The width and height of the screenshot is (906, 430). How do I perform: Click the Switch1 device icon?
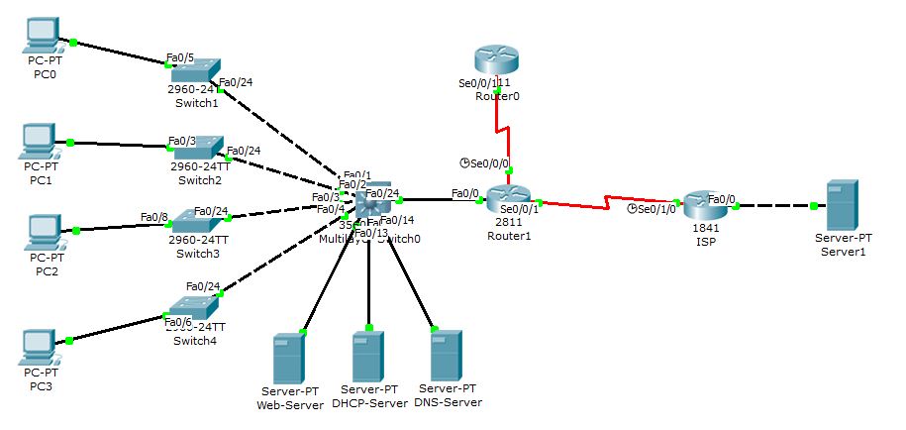[194, 72]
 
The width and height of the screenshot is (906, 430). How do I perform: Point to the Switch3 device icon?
[195, 225]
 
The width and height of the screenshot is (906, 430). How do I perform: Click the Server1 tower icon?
[841, 206]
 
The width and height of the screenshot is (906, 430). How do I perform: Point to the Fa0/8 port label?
[153, 217]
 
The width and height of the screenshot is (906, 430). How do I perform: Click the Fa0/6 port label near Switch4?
[178, 323]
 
